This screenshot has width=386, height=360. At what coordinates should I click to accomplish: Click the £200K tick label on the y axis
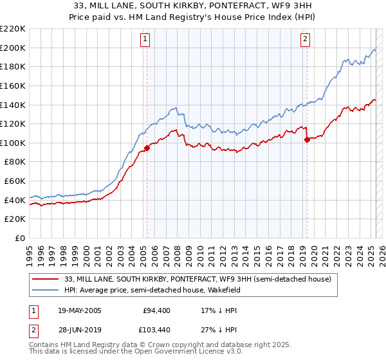(13, 48)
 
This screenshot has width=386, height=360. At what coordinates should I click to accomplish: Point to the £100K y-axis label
(13, 143)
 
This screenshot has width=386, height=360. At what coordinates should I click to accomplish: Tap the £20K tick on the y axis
(15, 219)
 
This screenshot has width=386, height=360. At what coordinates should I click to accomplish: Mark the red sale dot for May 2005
(147, 148)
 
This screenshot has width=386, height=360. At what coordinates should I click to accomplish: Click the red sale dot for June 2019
(307, 139)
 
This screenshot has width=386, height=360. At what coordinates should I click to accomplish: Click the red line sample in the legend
(46, 280)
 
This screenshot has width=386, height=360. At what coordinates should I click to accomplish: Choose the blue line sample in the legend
(46, 291)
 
